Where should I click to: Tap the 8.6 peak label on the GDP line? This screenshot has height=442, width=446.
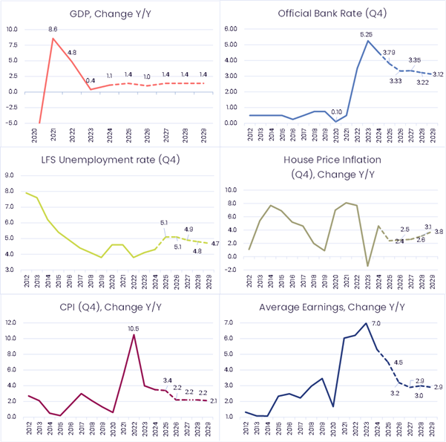coord(53,29)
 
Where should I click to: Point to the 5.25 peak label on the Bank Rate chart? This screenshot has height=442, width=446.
coord(366,34)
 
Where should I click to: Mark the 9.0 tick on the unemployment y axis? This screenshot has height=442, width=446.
coord(10,175)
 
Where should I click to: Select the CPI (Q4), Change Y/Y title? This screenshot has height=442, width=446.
coord(110,305)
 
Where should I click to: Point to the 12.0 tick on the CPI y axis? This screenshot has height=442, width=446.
coord(10,322)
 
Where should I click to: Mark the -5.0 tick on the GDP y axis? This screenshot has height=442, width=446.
coord(10,123)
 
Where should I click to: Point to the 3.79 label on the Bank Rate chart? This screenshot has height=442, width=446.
coord(388,52)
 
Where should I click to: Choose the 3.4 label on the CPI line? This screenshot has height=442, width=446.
coord(168,380)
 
